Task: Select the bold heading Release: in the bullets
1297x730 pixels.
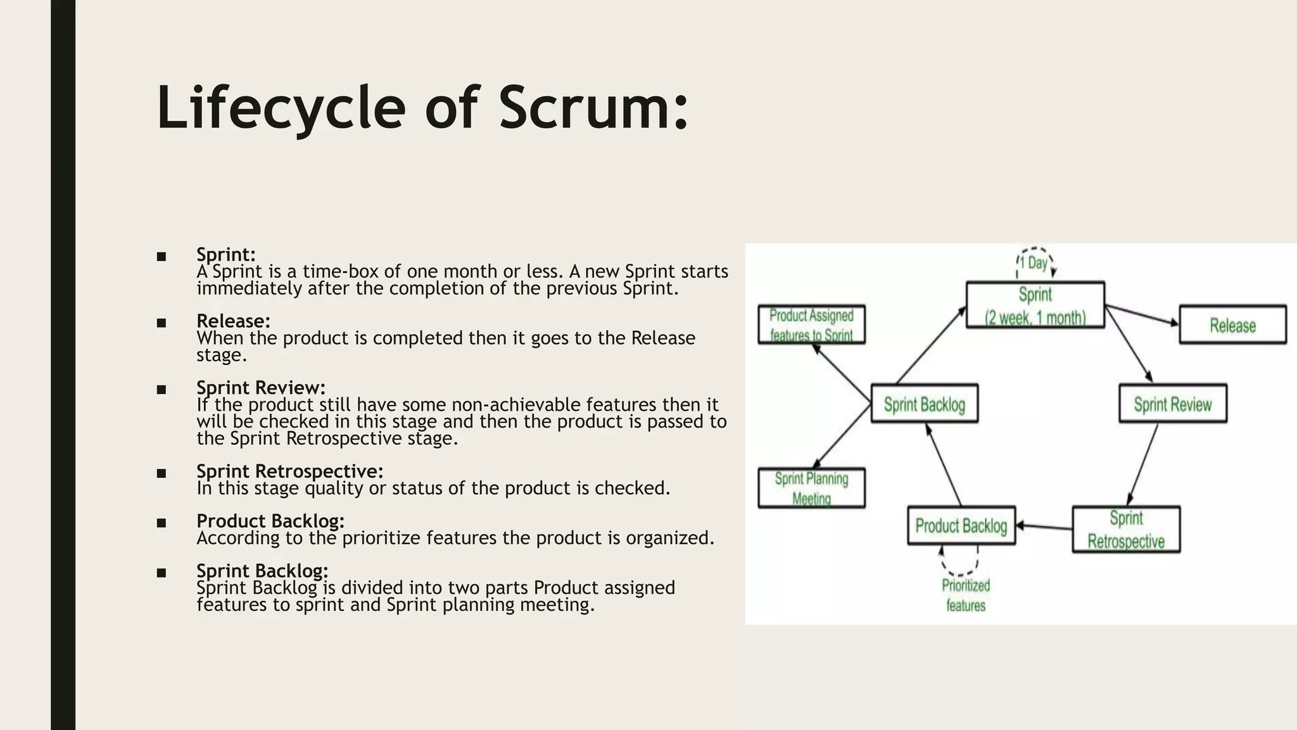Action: coord(233,321)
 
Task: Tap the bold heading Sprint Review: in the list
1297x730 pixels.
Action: coord(260,387)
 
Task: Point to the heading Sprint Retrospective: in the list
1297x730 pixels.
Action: coord(289,471)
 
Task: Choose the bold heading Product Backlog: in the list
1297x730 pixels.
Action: coord(270,521)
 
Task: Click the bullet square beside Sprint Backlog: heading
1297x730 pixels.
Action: coord(161,573)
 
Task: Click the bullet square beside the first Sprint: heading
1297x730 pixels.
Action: coord(161,257)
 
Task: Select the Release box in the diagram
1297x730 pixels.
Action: coord(1232,325)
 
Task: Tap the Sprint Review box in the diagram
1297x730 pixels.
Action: coord(1172,404)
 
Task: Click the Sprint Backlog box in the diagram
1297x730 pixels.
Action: coord(924,404)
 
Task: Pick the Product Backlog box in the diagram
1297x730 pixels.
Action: coord(961,525)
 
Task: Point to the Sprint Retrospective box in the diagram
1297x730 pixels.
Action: coord(1125,529)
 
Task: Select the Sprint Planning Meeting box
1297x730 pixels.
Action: coord(811,488)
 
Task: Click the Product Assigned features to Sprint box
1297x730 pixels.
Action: coord(811,324)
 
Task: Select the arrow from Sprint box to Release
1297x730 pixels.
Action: coord(1142,316)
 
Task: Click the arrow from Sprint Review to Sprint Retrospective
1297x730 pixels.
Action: coord(1143,464)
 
